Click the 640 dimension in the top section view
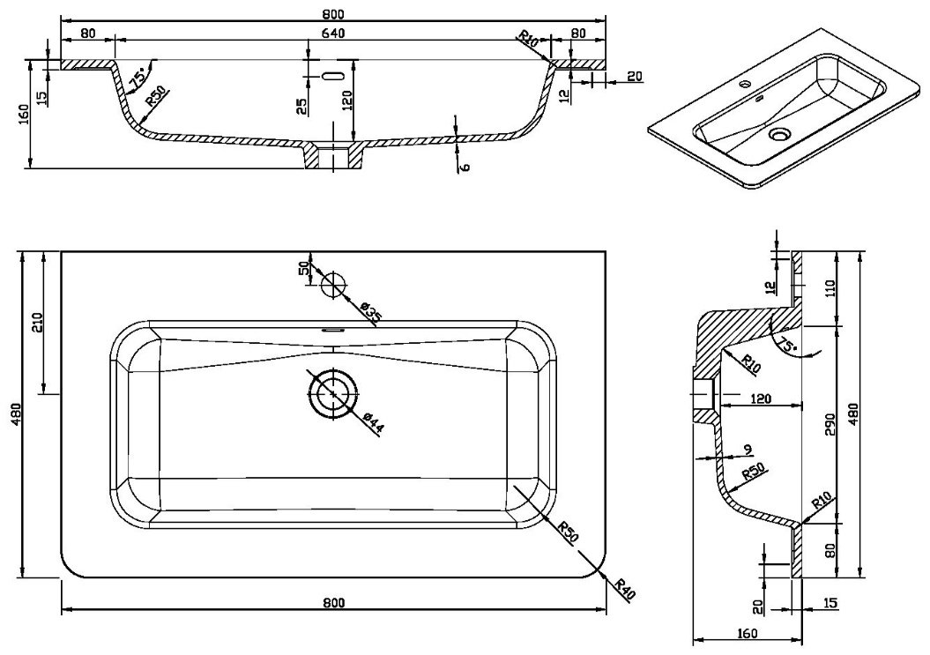click(334, 33)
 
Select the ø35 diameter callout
click(369, 313)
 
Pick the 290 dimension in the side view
click(830, 425)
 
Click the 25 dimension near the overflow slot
click(301, 106)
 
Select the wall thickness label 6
click(465, 167)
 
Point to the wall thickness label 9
click(748, 450)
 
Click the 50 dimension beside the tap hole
click(306, 268)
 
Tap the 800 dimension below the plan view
click(334, 603)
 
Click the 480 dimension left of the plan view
click(16, 413)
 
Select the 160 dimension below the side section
click(748, 633)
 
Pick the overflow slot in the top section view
click(332, 76)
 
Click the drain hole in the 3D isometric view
click(778, 135)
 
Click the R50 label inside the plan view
click(568, 531)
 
